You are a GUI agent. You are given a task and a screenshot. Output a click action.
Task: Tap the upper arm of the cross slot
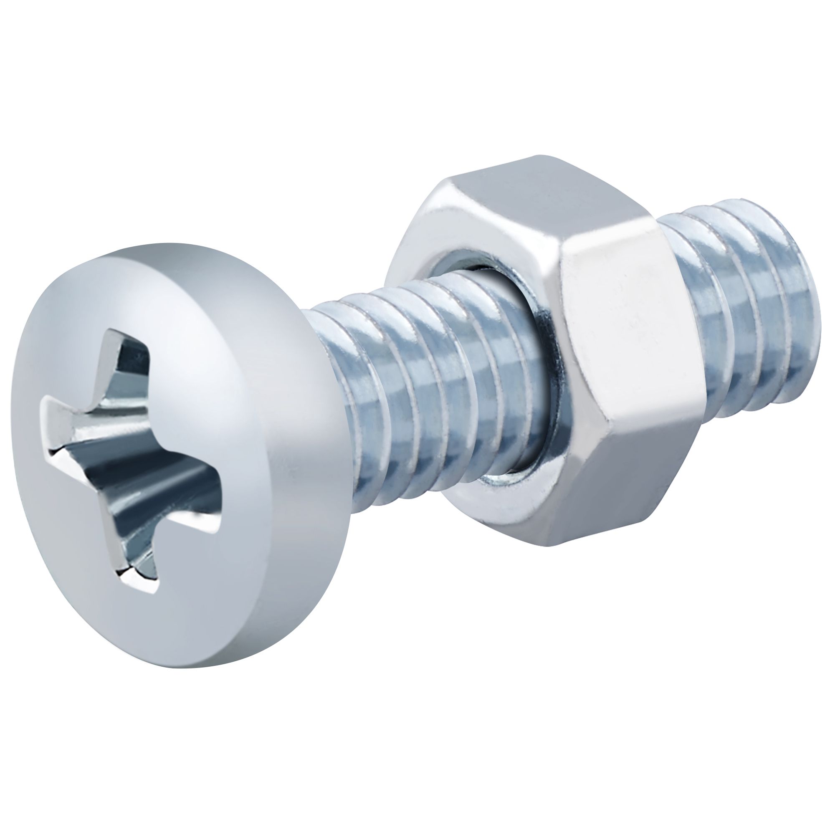pyautogui.click(x=130, y=363)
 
